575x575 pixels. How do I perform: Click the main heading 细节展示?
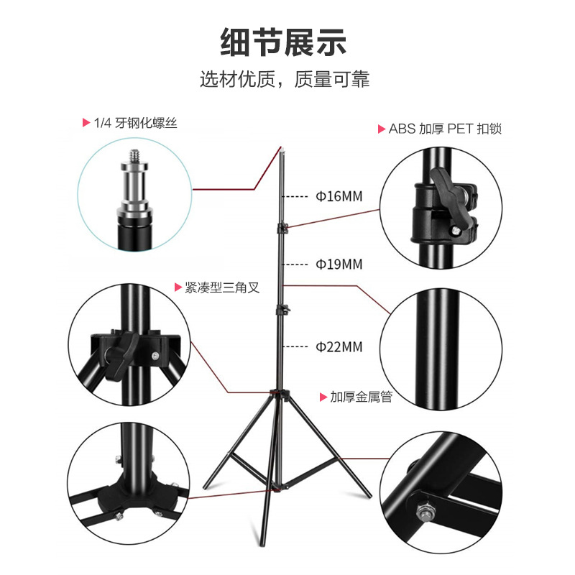[x=283, y=42]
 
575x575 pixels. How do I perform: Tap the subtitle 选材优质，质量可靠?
[x=285, y=79]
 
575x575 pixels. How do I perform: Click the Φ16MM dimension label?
[x=339, y=196]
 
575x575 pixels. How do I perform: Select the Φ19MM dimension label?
[x=339, y=264]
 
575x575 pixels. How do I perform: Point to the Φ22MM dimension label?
[x=339, y=346]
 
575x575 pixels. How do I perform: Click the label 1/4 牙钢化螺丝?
[x=135, y=123]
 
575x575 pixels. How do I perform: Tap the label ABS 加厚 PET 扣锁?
[x=445, y=129]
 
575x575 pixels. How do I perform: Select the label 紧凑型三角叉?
[x=222, y=287]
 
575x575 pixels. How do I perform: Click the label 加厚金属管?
[x=362, y=397]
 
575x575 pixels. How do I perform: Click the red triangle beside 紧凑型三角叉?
[x=178, y=287]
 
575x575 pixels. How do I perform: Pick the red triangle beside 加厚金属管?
[x=323, y=397]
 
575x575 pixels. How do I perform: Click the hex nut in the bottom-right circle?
[x=425, y=512]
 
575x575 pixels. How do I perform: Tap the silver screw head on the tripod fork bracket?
[x=155, y=355]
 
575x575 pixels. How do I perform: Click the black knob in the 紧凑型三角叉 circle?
[x=121, y=353]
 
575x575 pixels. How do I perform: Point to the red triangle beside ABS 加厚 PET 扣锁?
[x=382, y=129]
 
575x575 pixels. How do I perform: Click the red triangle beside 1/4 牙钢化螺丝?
[x=86, y=122]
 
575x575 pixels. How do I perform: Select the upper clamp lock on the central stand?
[x=282, y=228]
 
